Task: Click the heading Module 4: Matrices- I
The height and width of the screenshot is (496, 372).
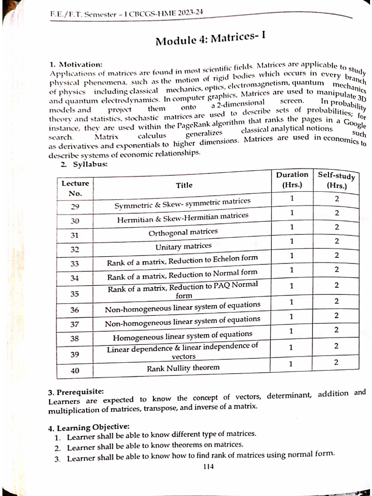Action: pos(211,39)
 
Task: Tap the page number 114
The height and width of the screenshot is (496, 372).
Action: pos(209,466)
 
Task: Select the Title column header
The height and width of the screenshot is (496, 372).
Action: pos(184,185)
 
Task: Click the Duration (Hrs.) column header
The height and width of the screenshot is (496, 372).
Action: pos(292,179)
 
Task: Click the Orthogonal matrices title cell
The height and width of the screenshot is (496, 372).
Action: pos(183,232)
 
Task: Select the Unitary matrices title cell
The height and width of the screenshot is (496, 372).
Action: pos(183,247)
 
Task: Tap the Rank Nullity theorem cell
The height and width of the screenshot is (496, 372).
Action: pos(183,368)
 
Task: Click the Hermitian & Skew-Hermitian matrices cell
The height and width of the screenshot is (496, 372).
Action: pos(183,218)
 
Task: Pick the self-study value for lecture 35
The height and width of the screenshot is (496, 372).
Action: pos(336,285)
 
